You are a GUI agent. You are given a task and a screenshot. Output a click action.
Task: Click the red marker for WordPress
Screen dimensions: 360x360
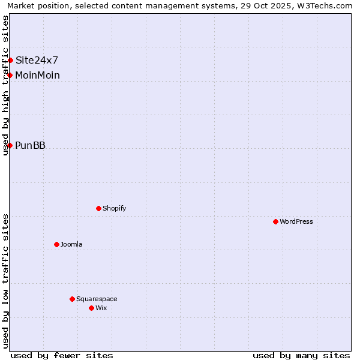(275, 221)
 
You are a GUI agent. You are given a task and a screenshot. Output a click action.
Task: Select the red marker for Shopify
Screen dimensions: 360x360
(98, 208)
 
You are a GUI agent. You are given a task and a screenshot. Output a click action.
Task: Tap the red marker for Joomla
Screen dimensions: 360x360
(56, 244)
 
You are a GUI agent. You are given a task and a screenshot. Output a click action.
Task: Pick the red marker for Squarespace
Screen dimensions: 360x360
(72, 299)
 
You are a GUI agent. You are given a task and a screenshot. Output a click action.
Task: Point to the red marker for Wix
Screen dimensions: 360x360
(91, 308)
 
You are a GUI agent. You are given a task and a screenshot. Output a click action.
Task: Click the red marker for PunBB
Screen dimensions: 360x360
(10, 145)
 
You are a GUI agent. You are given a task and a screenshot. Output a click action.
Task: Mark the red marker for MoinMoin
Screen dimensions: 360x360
(10, 75)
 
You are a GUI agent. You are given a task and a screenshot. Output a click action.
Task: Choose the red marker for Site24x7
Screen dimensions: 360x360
(10, 60)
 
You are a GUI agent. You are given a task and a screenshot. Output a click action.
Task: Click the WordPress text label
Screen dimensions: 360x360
(296, 221)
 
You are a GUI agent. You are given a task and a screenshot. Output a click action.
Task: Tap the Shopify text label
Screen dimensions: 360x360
(114, 208)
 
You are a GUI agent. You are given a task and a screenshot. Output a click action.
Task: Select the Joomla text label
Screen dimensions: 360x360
(71, 244)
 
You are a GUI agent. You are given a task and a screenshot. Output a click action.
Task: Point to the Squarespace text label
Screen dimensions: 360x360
(97, 299)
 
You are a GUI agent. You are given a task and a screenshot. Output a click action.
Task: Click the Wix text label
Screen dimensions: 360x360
(101, 308)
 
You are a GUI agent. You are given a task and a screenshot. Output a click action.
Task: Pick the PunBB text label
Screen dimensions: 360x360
(30, 145)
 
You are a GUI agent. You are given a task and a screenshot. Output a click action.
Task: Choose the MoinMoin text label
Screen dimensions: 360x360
(37, 75)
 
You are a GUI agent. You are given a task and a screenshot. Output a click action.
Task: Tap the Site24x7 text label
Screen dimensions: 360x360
(37, 60)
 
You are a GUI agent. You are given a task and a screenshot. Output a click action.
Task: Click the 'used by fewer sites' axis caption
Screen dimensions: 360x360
(62, 355)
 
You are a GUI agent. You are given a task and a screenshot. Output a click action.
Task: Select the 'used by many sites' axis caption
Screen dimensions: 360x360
(301, 355)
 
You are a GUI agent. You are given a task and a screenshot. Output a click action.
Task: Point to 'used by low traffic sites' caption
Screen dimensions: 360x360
(6, 281)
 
